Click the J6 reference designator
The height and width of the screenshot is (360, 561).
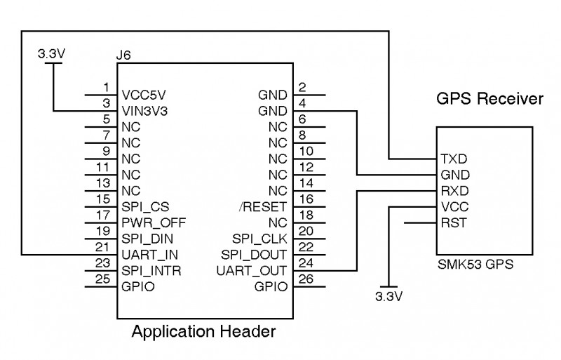click(x=123, y=55)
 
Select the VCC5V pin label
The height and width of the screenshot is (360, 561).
click(x=144, y=95)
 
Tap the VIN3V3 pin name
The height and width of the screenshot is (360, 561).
click(x=144, y=112)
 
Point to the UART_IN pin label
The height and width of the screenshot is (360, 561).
click(x=149, y=255)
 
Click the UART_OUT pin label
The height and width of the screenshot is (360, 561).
click(x=252, y=271)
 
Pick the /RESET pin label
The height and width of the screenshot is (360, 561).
click(x=263, y=207)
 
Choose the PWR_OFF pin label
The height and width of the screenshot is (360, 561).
click(x=154, y=222)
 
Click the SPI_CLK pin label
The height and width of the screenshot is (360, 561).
click(x=259, y=239)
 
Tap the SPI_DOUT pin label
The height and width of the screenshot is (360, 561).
click(x=254, y=255)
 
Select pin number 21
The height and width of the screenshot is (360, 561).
click(x=102, y=247)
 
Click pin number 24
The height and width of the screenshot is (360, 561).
click(x=306, y=263)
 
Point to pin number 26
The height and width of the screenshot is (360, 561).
click(x=306, y=279)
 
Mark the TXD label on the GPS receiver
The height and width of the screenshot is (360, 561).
click(x=454, y=159)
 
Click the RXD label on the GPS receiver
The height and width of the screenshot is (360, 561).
click(x=454, y=191)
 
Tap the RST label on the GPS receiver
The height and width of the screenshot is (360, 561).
click(x=454, y=222)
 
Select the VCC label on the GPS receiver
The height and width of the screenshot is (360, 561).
click(x=454, y=207)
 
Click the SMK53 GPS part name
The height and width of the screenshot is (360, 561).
click(x=475, y=265)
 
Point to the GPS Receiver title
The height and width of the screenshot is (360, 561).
click(x=489, y=98)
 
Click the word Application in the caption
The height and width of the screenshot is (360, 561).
click(x=173, y=332)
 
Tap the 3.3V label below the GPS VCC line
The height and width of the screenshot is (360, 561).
click(x=389, y=297)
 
